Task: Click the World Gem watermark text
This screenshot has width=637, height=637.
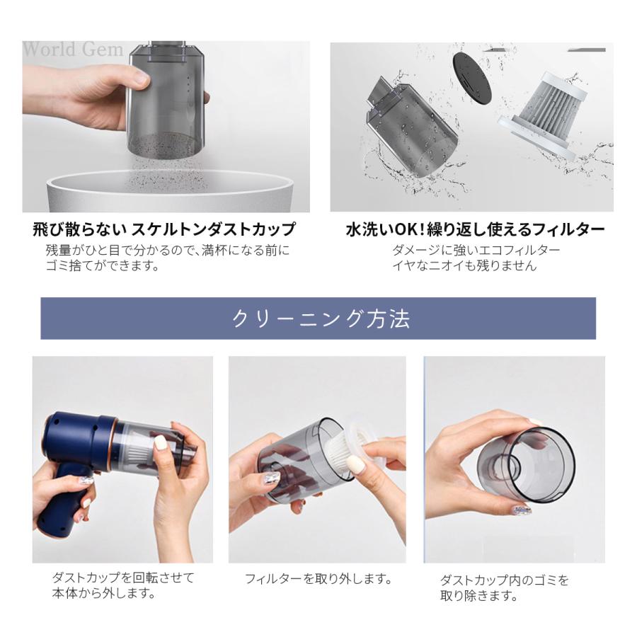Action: tap(73, 50)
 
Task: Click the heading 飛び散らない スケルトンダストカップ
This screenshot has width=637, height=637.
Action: tap(163, 229)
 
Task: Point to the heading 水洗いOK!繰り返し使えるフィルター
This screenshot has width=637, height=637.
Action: tap(476, 229)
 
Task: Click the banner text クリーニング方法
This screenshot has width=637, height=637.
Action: tap(321, 318)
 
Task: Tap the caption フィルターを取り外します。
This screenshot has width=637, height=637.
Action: tap(318, 578)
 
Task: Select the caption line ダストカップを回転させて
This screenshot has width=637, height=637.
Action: tap(123, 578)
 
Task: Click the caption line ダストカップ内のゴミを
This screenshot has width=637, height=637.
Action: tap(505, 580)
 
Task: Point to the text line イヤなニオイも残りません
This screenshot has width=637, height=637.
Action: tap(465, 265)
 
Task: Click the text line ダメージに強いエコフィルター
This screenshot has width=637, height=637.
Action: tap(476, 250)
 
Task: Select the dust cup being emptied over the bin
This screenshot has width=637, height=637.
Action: tap(166, 99)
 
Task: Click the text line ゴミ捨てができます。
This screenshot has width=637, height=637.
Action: tap(103, 265)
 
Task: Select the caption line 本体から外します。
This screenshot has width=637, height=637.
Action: tap(104, 593)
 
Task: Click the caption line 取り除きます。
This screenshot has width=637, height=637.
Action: tap(479, 595)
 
